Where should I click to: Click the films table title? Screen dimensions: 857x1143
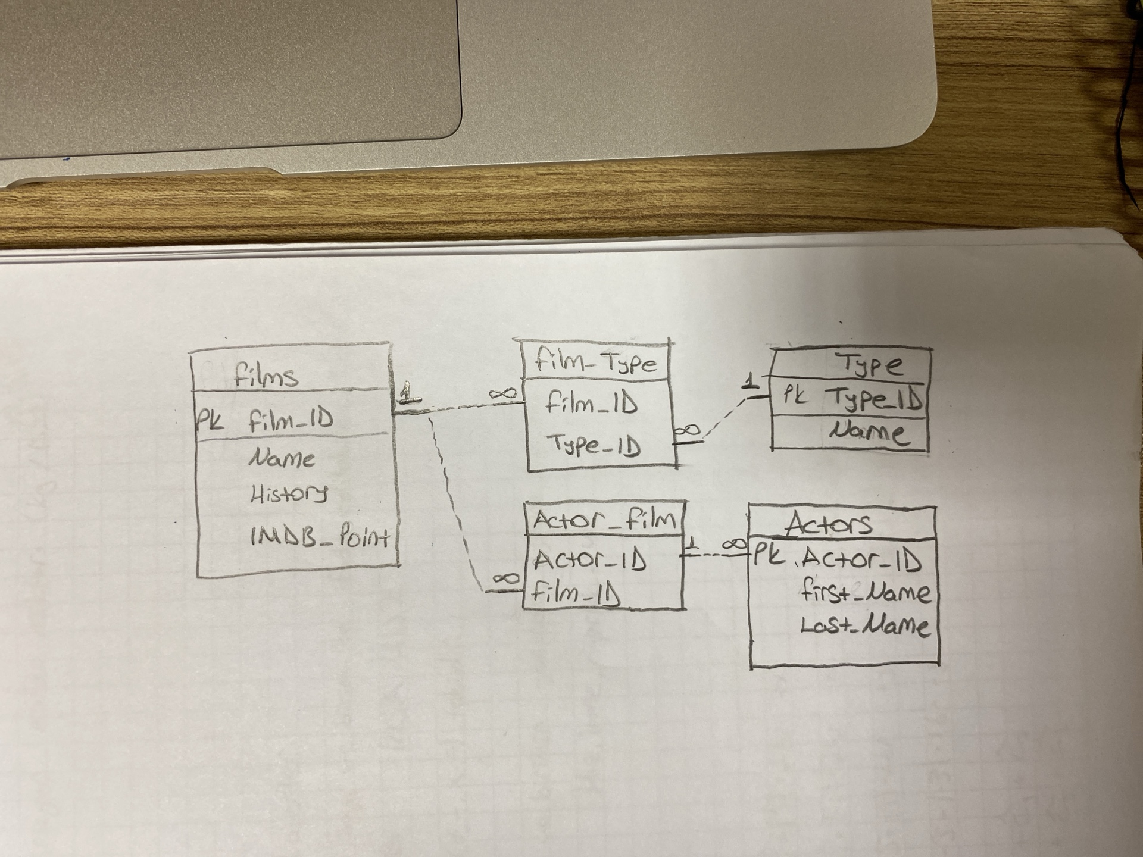tap(266, 375)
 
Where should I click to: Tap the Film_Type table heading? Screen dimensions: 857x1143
tap(596, 361)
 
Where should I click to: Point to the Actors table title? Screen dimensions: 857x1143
tap(829, 524)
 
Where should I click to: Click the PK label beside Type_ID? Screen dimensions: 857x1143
tap(792, 395)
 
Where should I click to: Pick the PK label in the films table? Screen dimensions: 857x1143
tap(210, 420)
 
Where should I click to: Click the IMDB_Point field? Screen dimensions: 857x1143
tap(319, 537)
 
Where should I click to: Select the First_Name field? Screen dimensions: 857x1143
tap(865, 592)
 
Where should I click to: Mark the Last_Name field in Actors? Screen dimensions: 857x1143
tap(863, 625)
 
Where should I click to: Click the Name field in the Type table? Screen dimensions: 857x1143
tap(869, 431)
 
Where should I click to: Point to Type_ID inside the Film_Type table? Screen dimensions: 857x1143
tap(593, 445)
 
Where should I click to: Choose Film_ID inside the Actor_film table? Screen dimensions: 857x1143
tap(576, 593)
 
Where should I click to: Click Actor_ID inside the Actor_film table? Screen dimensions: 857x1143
tap(589, 559)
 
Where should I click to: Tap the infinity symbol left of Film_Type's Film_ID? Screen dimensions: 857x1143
tap(502, 393)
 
